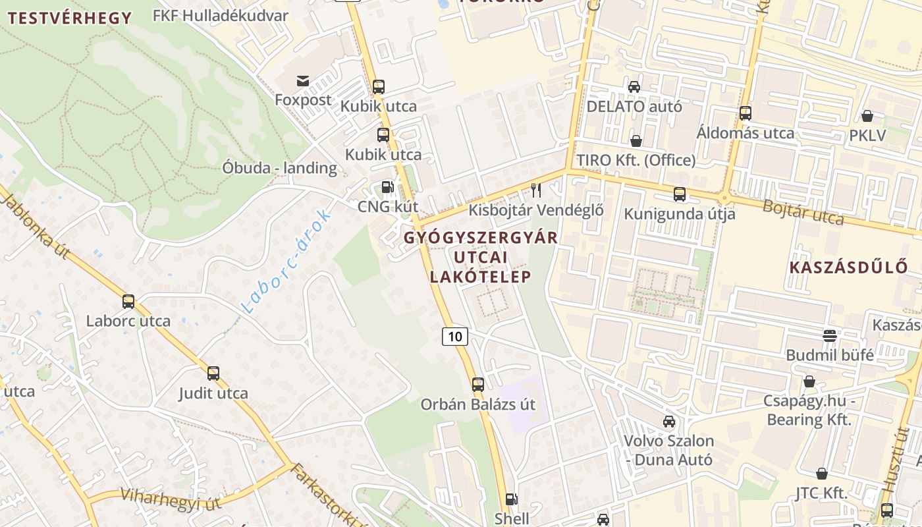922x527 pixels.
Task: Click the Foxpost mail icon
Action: coord(303,81)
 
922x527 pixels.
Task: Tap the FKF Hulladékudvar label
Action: coord(220,15)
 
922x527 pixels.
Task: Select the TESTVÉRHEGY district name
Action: coord(70,18)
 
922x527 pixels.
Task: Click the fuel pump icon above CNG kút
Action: coord(388,187)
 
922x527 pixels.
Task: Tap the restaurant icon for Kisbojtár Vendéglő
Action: coord(536,190)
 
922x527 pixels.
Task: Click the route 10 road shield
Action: coord(454,336)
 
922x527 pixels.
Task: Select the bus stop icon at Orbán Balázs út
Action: coord(478,384)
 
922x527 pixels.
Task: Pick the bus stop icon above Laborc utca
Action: coord(128,302)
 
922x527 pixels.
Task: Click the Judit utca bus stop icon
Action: coord(213,374)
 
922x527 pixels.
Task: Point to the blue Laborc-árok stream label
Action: coord(286,261)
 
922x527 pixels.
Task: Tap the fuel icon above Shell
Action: coord(512,500)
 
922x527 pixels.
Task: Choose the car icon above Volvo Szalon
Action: coord(669,421)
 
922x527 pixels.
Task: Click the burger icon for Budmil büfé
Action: coord(830,335)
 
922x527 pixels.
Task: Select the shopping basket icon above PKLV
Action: coord(867,116)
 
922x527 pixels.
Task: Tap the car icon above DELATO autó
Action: coord(634,86)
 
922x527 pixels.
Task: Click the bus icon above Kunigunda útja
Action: coord(680,194)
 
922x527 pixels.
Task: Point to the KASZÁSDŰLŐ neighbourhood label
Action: coord(848,267)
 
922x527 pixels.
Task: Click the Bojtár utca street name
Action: coord(803,211)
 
